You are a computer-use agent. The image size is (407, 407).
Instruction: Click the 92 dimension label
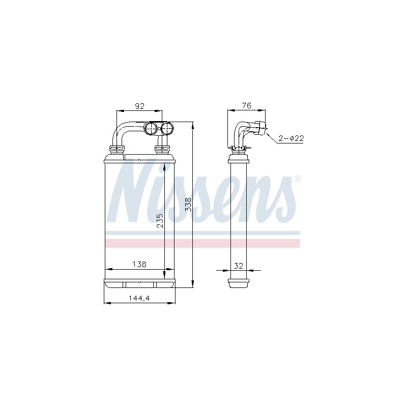coord(139,106)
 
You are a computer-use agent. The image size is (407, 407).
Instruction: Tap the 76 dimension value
coord(247,105)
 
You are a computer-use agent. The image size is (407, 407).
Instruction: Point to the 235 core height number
coord(160,221)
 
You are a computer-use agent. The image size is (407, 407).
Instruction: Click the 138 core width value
coord(139,264)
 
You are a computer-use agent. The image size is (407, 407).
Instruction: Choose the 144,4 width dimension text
coord(139,298)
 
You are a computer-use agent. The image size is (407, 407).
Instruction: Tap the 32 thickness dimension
coord(239,266)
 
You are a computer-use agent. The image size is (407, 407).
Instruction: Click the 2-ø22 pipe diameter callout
coord(291,138)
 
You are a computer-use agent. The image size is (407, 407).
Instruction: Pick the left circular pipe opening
coord(151,128)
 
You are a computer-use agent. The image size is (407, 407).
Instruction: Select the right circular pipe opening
coord(167,128)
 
